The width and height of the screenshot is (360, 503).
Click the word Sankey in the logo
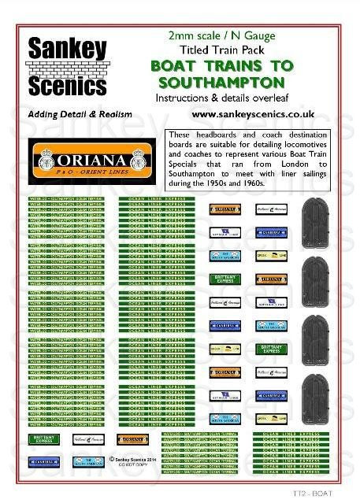tap(68, 50)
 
